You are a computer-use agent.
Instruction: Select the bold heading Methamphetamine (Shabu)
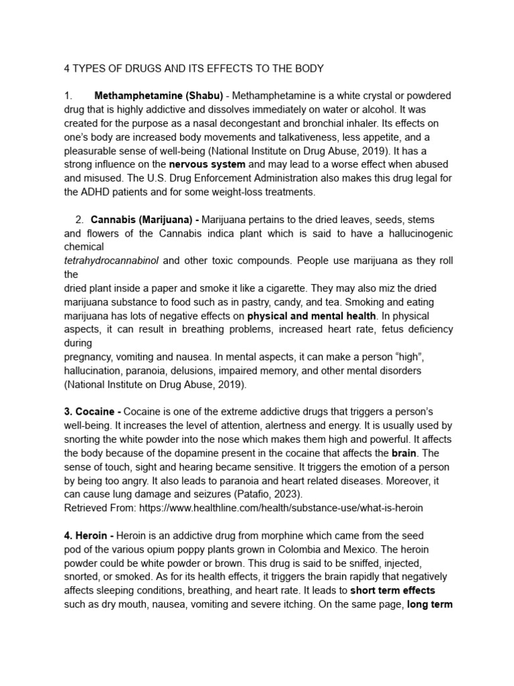pos(159,96)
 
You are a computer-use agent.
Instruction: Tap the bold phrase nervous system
pos(207,164)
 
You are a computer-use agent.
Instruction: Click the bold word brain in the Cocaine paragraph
pos(404,453)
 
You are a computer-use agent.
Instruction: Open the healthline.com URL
pos(280,508)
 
